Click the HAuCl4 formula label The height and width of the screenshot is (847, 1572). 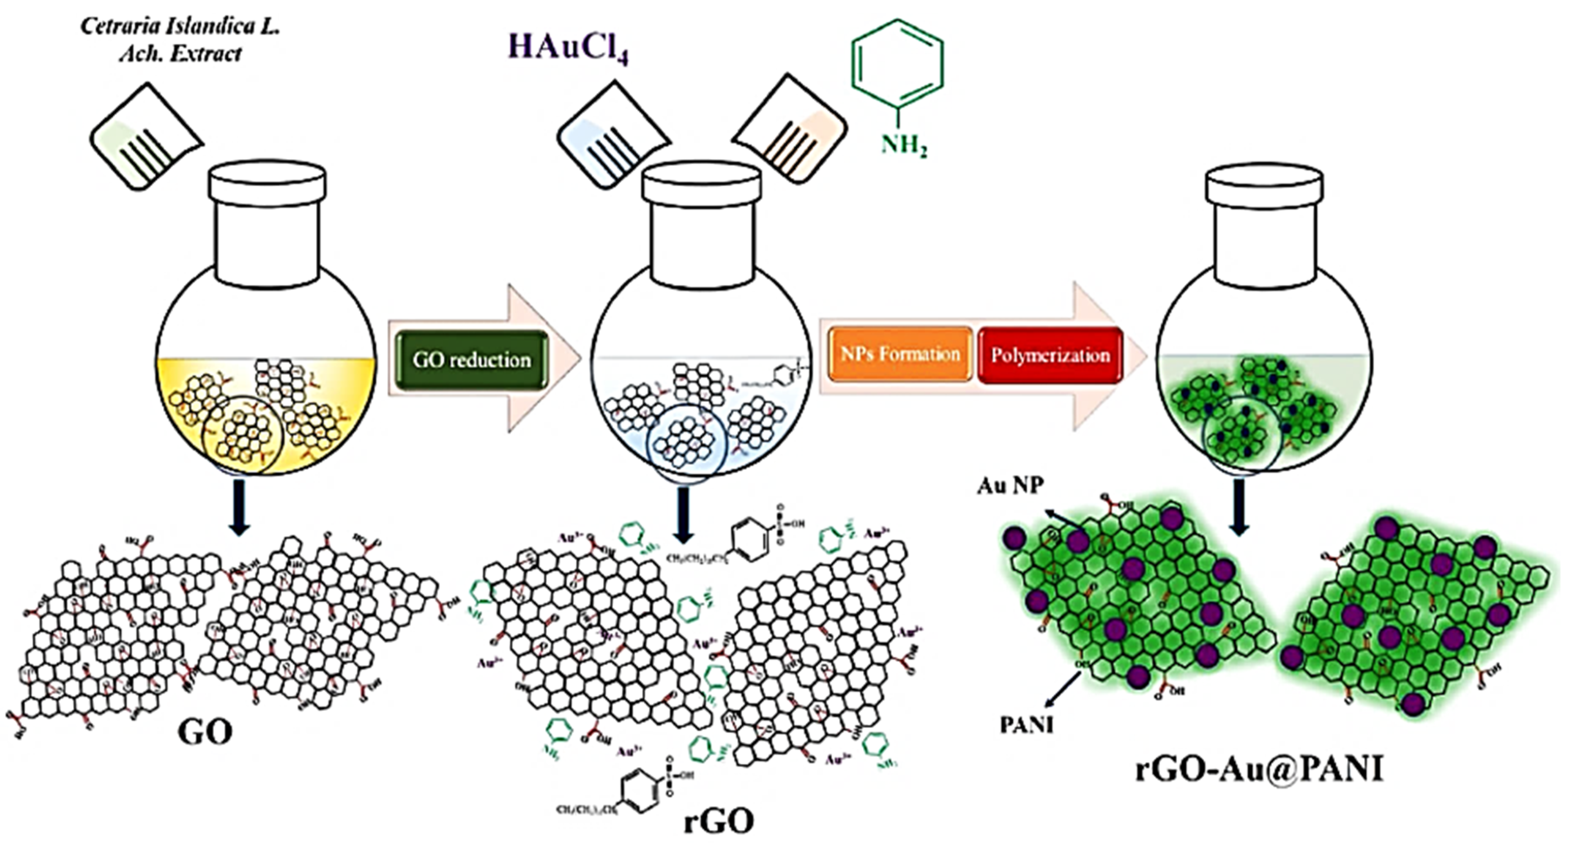tap(568, 47)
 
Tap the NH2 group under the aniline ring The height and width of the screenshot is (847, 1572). tap(904, 146)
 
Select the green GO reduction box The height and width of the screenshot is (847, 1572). tap(472, 360)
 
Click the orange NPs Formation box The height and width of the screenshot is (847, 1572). tap(900, 354)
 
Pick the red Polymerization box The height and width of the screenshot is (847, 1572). tap(1050, 355)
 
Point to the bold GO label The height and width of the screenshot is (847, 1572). tap(205, 732)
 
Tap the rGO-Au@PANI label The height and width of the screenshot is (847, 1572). tap(1258, 770)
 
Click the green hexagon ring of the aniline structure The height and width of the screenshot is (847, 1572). tap(898, 65)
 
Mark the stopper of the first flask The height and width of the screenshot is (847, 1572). tap(266, 182)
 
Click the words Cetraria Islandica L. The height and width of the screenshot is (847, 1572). tap(180, 27)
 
